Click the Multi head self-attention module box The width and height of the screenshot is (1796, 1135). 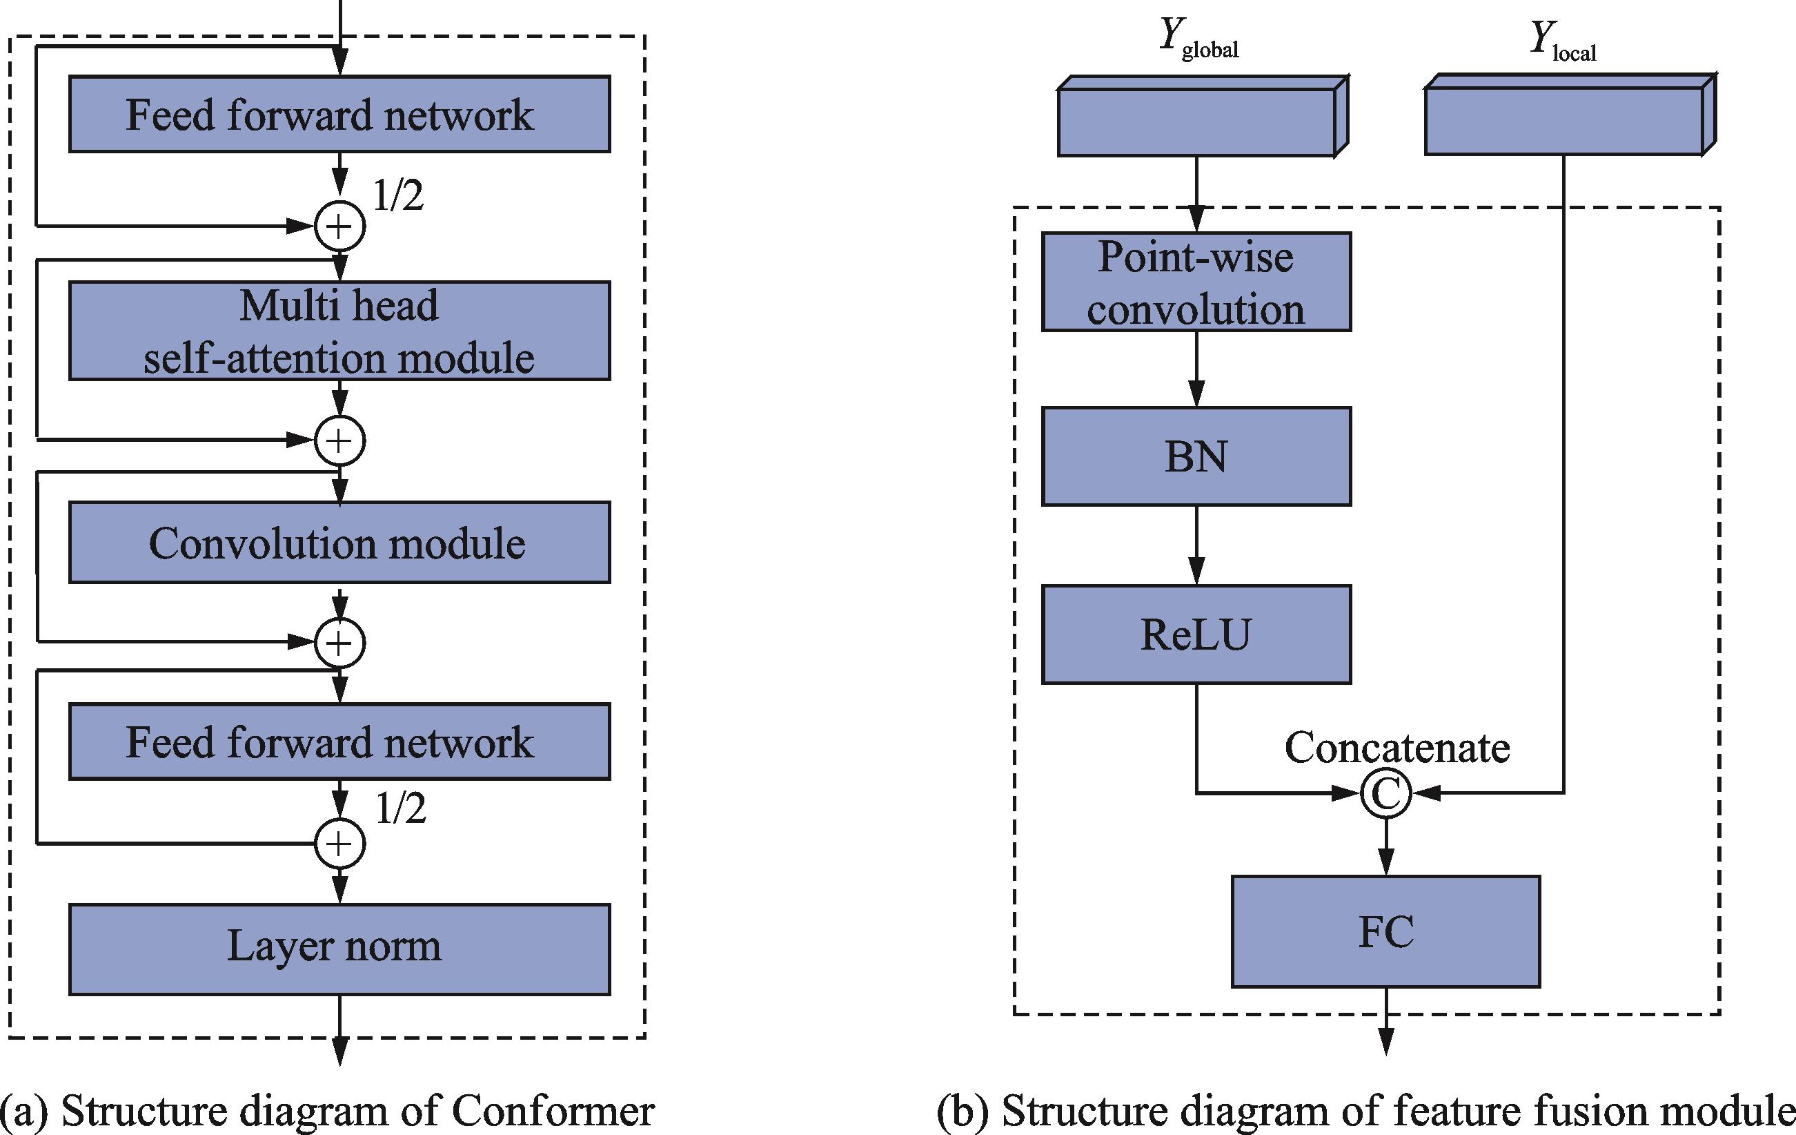[339, 331]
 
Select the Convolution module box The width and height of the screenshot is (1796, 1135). [339, 543]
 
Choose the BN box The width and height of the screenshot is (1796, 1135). [1196, 456]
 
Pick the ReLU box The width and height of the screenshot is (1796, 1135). [1196, 634]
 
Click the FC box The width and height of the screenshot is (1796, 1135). [1385, 931]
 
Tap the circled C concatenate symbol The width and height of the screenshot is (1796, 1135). [1385, 793]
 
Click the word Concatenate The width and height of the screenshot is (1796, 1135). [1397, 748]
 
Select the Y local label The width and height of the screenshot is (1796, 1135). [1563, 40]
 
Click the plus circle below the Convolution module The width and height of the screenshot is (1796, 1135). [340, 643]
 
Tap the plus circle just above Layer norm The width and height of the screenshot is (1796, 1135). [340, 844]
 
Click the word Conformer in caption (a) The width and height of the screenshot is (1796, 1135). [553, 1111]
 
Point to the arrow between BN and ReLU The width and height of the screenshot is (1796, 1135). [1196, 545]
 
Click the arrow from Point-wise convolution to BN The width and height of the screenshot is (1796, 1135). [1196, 369]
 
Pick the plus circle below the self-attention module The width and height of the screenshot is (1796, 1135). [340, 440]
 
